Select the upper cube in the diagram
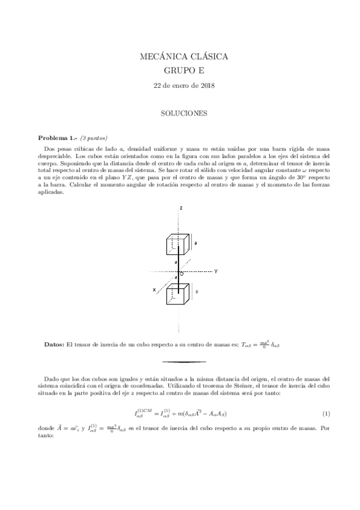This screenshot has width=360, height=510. coord(178,244)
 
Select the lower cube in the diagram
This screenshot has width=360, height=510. coord(178,294)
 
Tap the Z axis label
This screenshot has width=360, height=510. coord(180,208)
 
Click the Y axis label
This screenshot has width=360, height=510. coord(215,271)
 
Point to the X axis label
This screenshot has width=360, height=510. coord(154,290)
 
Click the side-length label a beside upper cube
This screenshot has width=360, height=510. coord(197,242)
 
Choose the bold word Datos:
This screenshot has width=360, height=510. coord(55,344)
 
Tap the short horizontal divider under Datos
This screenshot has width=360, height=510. coord(184,362)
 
